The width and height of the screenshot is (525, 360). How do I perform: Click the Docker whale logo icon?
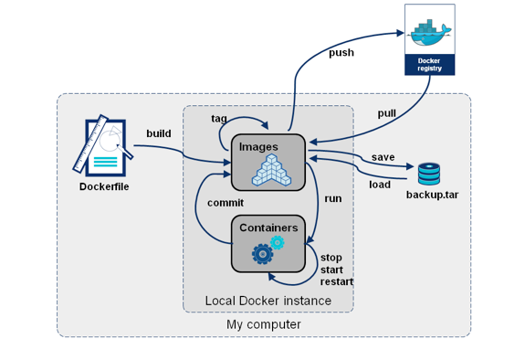[429, 30]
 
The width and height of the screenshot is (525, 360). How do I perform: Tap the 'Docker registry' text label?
[429, 64]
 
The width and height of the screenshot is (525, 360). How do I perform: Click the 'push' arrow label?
[341, 53]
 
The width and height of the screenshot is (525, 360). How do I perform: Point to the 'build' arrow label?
[159, 134]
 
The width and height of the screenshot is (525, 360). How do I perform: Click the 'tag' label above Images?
[219, 119]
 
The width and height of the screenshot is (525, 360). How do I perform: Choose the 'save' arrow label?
[383, 157]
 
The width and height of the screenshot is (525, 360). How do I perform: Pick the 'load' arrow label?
[380, 184]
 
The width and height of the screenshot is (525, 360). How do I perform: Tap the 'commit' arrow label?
[225, 202]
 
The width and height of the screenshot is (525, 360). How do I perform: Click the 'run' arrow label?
[333, 197]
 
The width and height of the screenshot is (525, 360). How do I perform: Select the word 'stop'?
[331, 258]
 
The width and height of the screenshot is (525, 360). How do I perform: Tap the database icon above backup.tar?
[429, 173]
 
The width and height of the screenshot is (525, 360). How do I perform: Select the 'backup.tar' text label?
[431, 196]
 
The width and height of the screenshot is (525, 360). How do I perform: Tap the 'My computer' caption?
[264, 324]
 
